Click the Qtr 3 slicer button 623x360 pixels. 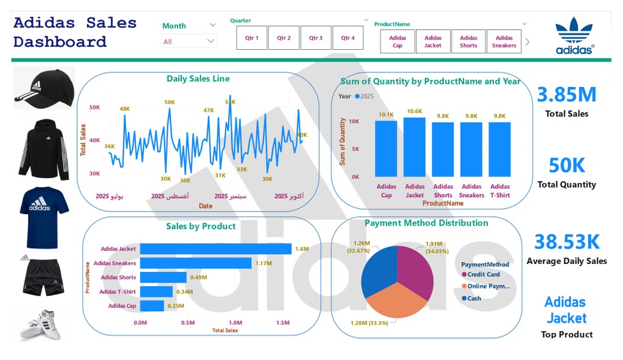315,38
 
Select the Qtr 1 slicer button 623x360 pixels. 252,38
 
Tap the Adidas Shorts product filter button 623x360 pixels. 468,41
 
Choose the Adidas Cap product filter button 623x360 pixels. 397,41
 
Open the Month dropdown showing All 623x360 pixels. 189,41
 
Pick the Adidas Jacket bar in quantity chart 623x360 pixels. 414,147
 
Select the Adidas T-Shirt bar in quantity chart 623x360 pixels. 500,149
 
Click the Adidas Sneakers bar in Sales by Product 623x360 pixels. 195,263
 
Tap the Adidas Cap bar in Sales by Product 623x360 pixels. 152,306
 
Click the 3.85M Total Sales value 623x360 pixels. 566,95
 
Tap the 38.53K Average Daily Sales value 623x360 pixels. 566,242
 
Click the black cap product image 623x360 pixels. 44,88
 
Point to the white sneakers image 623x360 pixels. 40,324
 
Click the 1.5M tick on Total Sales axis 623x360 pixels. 282,323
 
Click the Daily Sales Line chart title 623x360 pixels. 198,78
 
